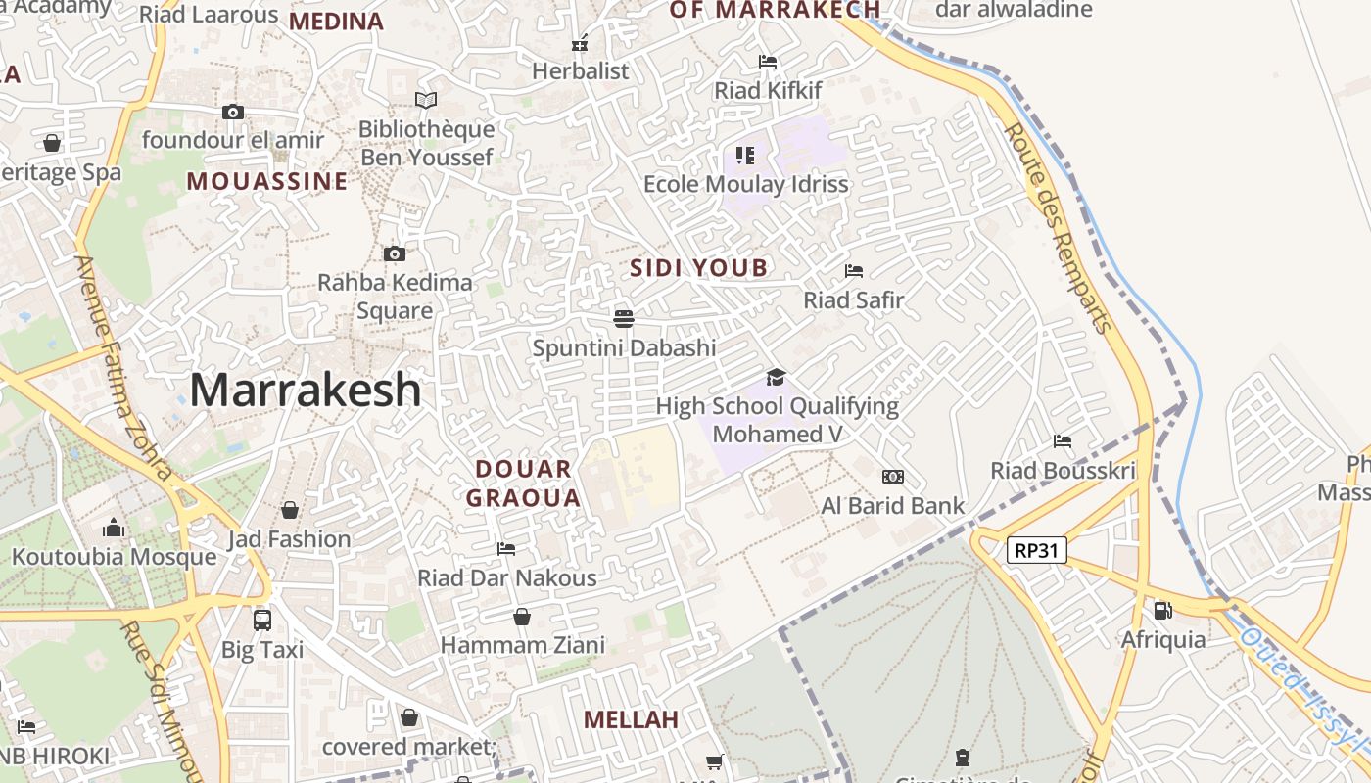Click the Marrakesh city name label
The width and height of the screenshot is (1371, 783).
click(x=306, y=390)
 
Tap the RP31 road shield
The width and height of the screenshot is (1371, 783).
click(x=1036, y=550)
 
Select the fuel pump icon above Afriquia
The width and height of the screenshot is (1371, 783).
click(x=1162, y=611)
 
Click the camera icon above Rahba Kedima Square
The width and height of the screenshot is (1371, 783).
click(x=395, y=254)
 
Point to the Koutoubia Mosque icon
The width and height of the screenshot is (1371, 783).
click(x=114, y=529)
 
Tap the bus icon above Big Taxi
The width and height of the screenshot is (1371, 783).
click(x=261, y=620)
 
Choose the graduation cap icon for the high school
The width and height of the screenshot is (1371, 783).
click(x=777, y=377)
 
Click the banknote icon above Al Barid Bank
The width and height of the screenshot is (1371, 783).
click(x=893, y=477)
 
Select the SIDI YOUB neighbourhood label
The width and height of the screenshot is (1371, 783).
click(x=699, y=267)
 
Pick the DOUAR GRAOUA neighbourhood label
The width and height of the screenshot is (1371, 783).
click(x=524, y=484)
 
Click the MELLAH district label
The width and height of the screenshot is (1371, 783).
click(x=631, y=719)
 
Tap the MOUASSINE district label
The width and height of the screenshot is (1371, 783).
click(x=267, y=181)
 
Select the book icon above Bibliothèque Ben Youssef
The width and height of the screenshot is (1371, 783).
click(x=426, y=100)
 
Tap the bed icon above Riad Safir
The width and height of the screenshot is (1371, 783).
click(x=854, y=271)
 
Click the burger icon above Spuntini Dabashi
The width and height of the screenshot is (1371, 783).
click(x=624, y=318)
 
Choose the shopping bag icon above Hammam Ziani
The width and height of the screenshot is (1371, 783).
click(x=522, y=617)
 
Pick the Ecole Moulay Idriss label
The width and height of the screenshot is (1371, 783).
click(x=745, y=184)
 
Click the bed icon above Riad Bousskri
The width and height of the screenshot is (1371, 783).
click(x=1063, y=441)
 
